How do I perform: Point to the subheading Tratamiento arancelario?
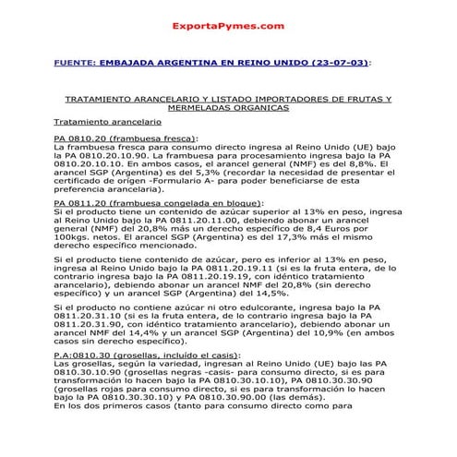[x=107, y=121]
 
